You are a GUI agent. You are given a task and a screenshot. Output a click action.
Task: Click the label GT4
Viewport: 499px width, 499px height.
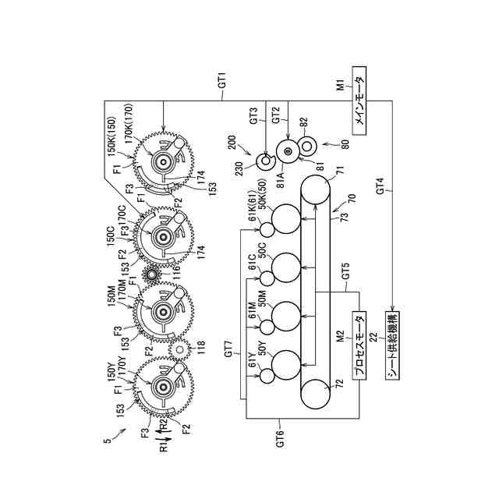coord(380,186)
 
